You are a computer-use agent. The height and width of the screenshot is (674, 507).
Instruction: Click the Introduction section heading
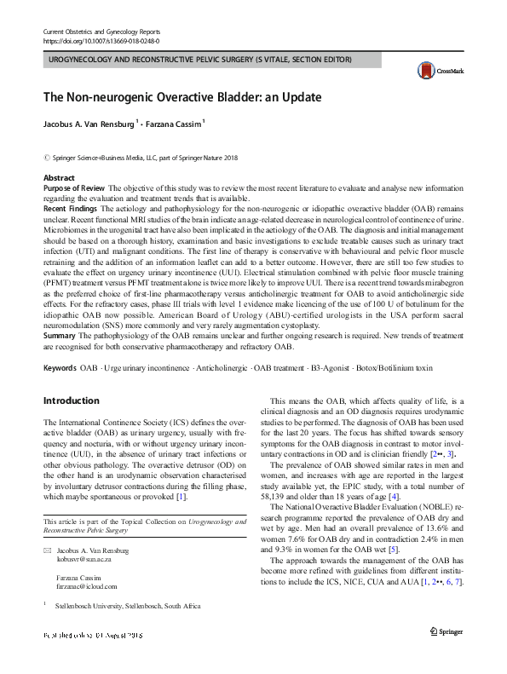[x=72, y=400]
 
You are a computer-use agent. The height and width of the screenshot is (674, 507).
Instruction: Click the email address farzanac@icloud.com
[x=92, y=608]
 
